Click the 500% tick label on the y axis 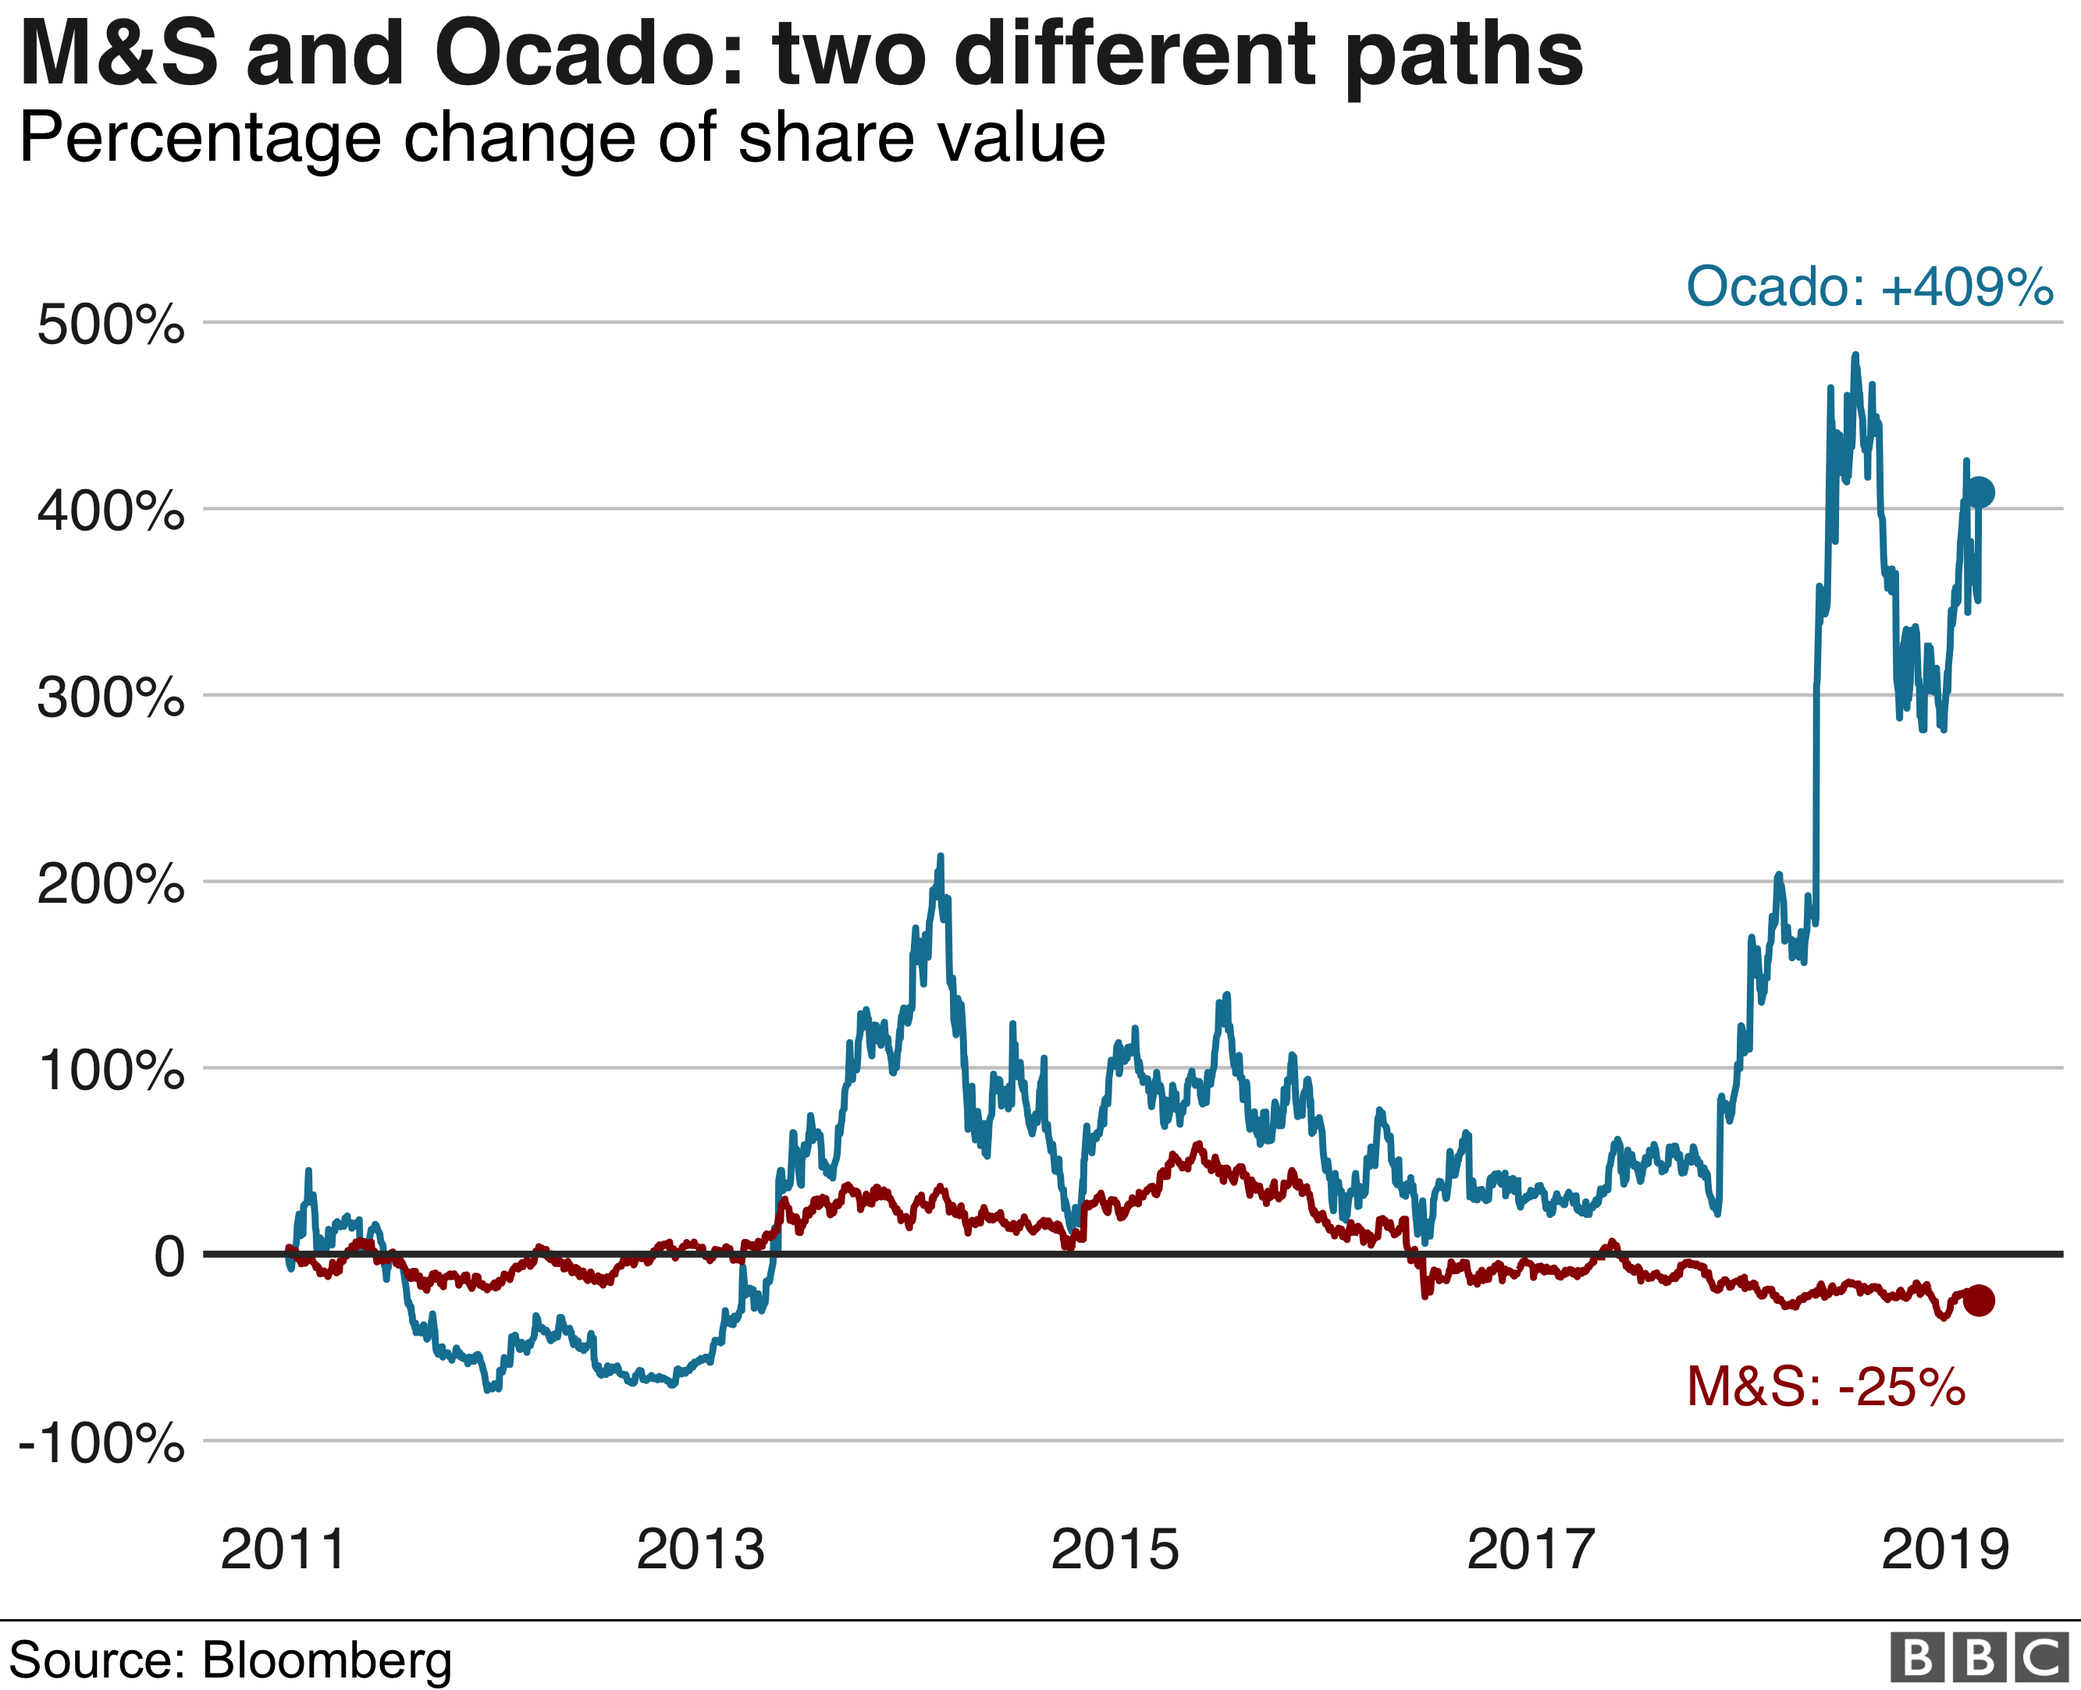(x=110, y=325)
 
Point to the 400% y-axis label (x=110, y=511)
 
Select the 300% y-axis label (x=110, y=698)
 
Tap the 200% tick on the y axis (x=110, y=885)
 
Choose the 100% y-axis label (x=110, y=1070)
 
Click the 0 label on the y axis (x=169, y=1258)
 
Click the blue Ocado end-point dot (x=1980, y=492)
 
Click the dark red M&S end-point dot (x=1979, y=1301)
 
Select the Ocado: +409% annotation (x=1869, y=287)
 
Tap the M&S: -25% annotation (x=1826, y=1387)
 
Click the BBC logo (x=1979, y=1658)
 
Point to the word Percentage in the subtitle (x=200, y=139)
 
